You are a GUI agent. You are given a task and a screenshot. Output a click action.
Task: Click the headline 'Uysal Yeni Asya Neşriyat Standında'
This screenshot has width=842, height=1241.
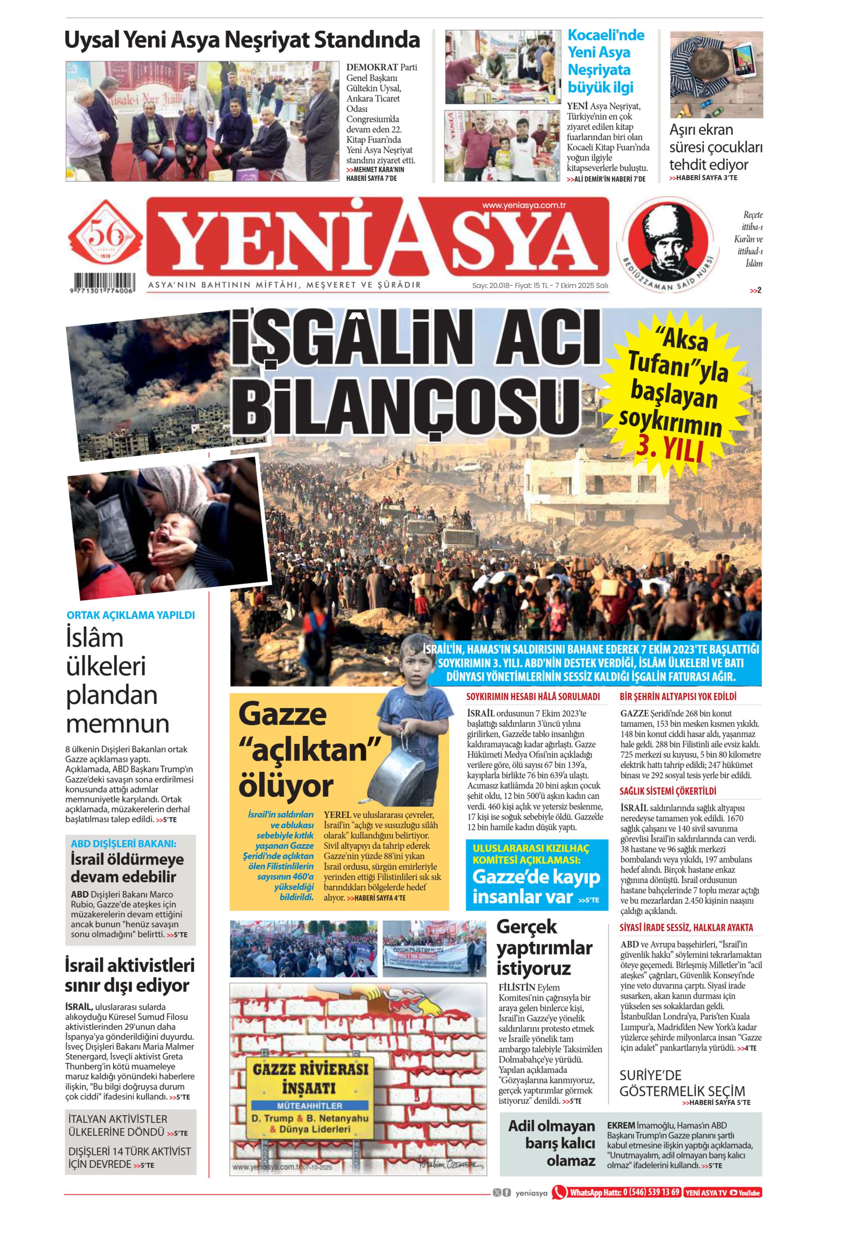[242, 41]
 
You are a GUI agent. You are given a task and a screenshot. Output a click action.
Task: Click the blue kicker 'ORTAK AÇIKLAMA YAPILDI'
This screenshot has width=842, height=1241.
[130, 615]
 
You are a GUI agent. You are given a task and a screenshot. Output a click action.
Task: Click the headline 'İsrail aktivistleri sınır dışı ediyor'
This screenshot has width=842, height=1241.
[130, 975]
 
